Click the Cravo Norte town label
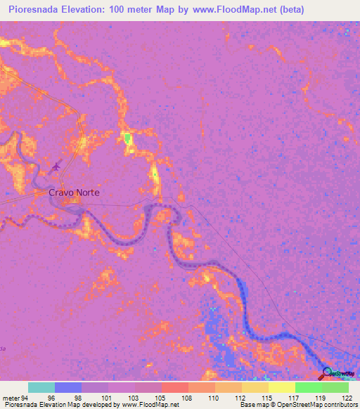(74, 192)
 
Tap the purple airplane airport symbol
(56, 166)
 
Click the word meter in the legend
(11, 398)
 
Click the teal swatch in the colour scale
(41, 387)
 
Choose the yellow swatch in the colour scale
(281, 387)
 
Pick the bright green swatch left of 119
(308, 387)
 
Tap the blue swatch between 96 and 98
(67, 387)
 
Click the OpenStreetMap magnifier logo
(328, 373)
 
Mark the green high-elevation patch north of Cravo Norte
(127, 138)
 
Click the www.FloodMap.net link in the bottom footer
(148, 405)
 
